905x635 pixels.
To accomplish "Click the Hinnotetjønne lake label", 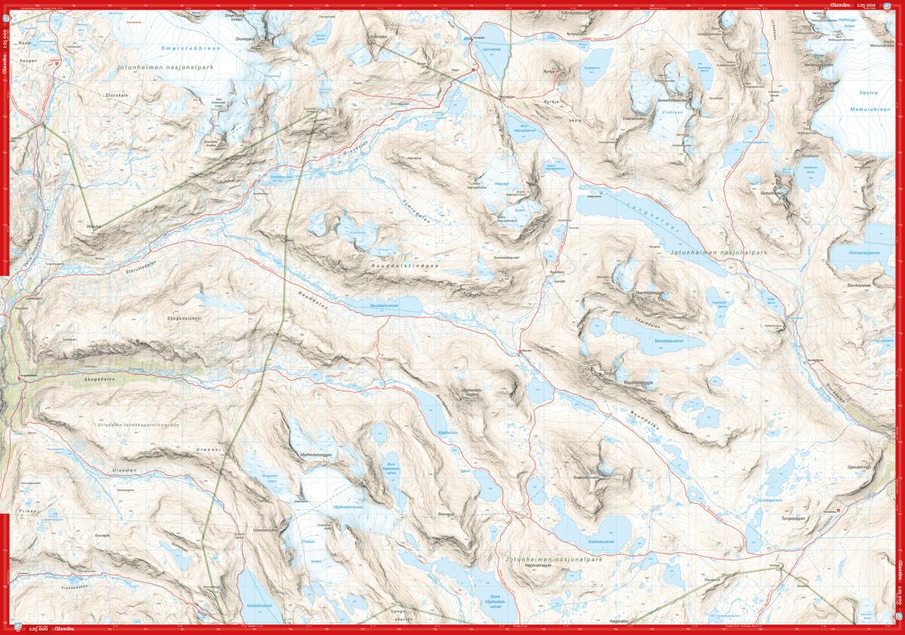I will [864, 252].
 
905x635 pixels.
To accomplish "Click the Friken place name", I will [28, 511].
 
